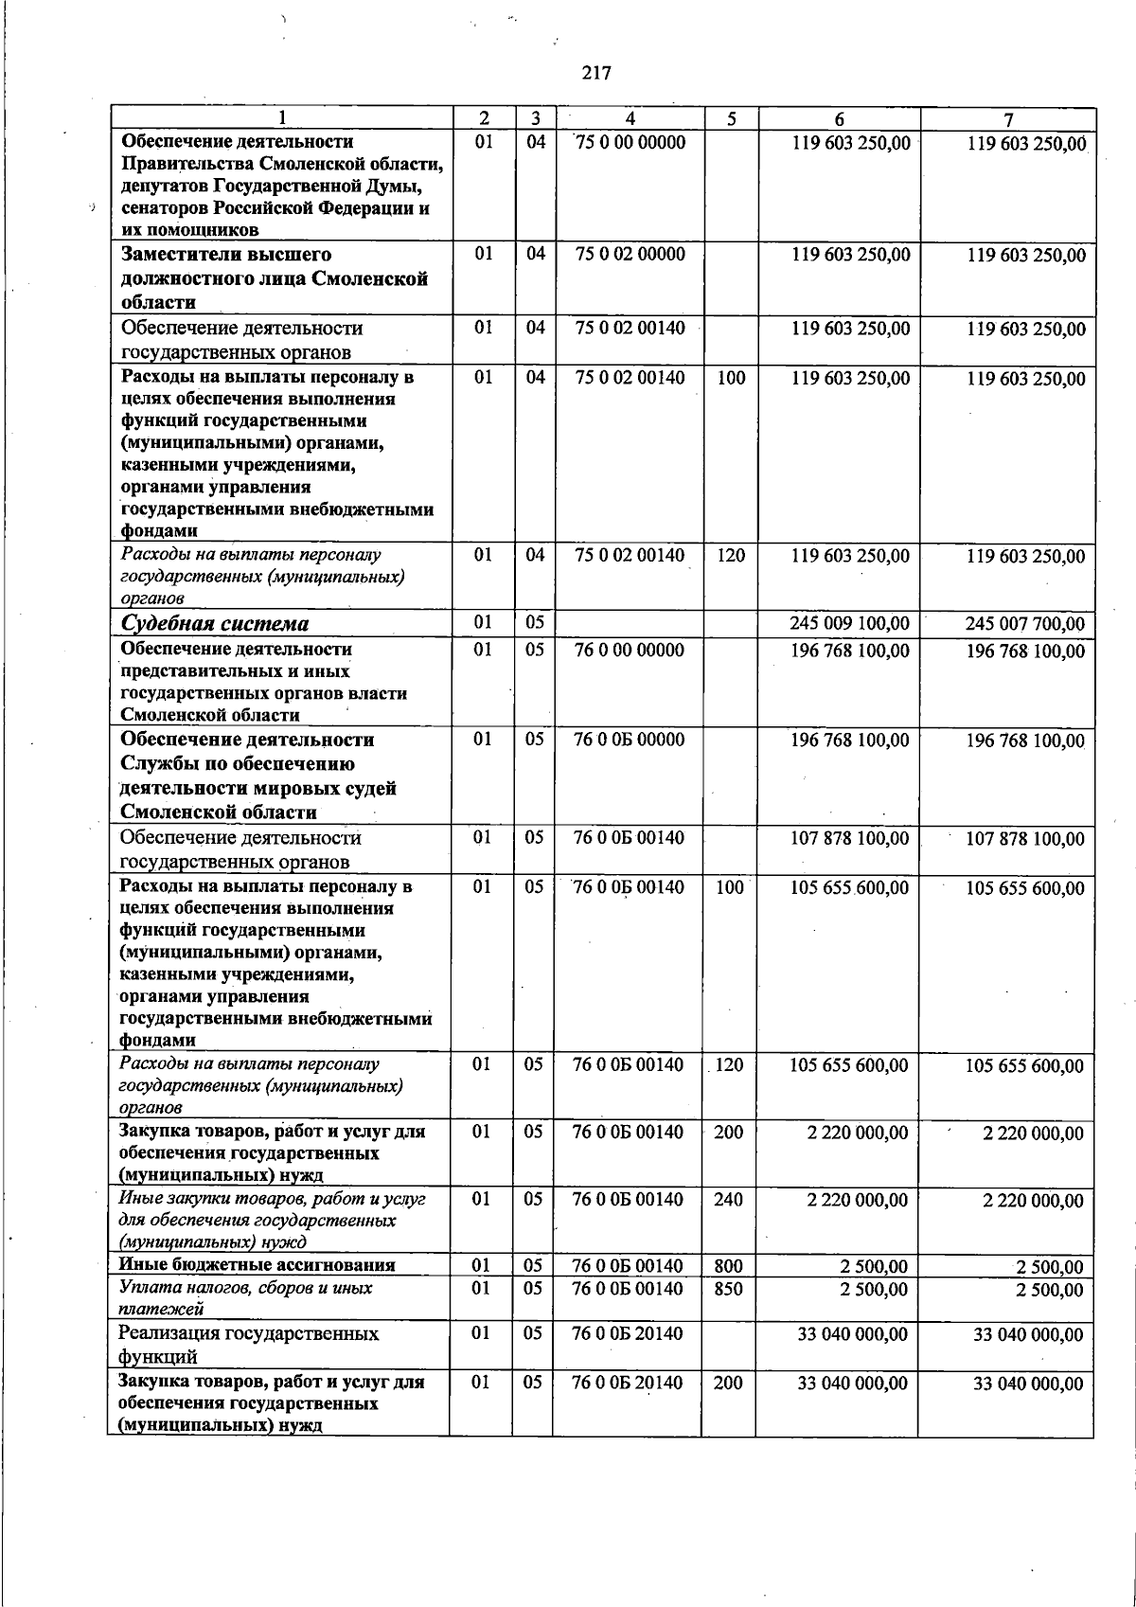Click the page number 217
coord(596,73)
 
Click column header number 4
coord(630,119)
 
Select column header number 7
coord(1008,119)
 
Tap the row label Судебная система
coord(215,624)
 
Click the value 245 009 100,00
coord(849,624)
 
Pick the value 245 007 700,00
coord(1024,625)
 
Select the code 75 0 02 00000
coord(630,255)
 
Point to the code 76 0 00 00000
coord(629,651)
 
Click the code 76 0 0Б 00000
coord(629,740)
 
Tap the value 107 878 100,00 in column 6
coord(849,839)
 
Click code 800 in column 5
coord(728,1266)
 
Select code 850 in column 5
coord(728,1289)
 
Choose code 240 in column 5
coord(728,1200)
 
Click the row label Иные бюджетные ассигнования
coord(257,1265)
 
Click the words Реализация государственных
coord(248,1334)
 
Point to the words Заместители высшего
coord(226,255)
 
